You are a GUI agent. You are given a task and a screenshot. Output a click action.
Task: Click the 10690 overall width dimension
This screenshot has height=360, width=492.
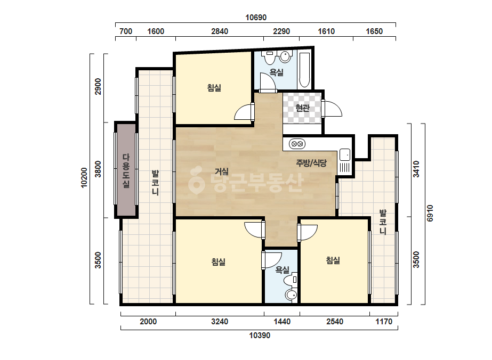256,17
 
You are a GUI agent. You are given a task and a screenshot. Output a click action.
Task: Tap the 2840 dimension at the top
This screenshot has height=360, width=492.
219,31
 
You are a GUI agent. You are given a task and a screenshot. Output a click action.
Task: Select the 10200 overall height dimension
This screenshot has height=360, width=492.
84,177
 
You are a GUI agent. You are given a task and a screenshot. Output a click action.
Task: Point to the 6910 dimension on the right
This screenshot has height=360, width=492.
430,213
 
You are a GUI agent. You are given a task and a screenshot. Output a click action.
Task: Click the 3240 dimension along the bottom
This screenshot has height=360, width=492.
219,322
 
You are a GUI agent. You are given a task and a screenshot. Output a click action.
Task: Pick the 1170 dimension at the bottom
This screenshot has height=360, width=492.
384,322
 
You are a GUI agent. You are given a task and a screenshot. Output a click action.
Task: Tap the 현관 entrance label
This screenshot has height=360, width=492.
302,108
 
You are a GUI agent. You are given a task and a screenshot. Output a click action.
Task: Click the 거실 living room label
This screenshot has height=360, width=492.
222,171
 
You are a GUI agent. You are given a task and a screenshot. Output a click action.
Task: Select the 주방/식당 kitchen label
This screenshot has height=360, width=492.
311,163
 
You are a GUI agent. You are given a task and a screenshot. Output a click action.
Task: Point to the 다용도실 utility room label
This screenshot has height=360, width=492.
126,170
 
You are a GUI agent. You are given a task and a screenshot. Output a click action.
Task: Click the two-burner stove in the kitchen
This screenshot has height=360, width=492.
297,144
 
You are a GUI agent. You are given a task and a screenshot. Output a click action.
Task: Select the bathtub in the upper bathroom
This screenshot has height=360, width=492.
304,70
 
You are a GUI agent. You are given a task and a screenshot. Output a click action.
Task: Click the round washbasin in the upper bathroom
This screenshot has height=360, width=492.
285,56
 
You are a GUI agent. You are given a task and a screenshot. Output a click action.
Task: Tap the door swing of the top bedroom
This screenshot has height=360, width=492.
243,112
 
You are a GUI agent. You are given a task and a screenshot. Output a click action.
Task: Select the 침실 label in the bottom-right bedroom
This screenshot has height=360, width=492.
333,260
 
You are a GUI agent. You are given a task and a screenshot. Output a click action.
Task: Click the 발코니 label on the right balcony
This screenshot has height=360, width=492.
383,222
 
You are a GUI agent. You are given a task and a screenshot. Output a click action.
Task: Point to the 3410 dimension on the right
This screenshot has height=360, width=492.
416,169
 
